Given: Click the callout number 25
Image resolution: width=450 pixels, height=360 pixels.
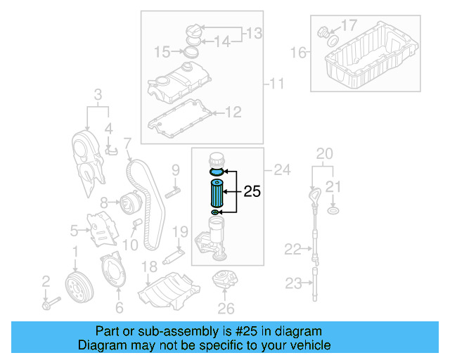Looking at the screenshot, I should coord(252,191).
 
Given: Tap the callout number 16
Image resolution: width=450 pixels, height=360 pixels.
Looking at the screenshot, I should coord(299,52).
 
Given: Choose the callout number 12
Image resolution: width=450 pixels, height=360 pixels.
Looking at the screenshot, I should coord(233,111).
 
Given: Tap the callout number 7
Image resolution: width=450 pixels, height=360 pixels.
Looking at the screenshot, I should coord(128,144).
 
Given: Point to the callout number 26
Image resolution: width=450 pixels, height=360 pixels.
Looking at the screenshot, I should coord(225,307).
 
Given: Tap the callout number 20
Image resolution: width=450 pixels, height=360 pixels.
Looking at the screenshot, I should coord(324,153).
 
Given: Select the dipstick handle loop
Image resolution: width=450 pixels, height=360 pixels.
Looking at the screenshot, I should coord(313,194).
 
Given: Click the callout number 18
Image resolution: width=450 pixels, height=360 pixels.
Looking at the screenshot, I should coord(148,265).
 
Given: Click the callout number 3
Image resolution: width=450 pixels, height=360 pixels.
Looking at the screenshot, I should coord(98,94).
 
